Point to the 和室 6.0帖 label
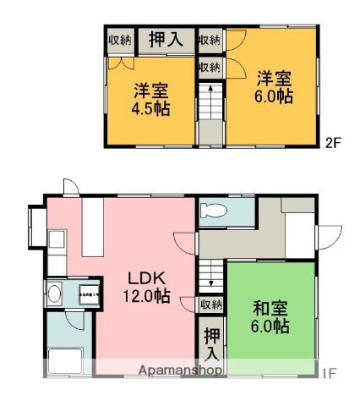[270, 316]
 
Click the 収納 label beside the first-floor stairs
[211, 304]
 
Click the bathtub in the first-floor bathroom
[64, 360]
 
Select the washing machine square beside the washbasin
[87, 296]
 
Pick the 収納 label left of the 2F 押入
[119, 39]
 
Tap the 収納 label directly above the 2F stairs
[209, 67]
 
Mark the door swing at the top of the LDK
[71, 188]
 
